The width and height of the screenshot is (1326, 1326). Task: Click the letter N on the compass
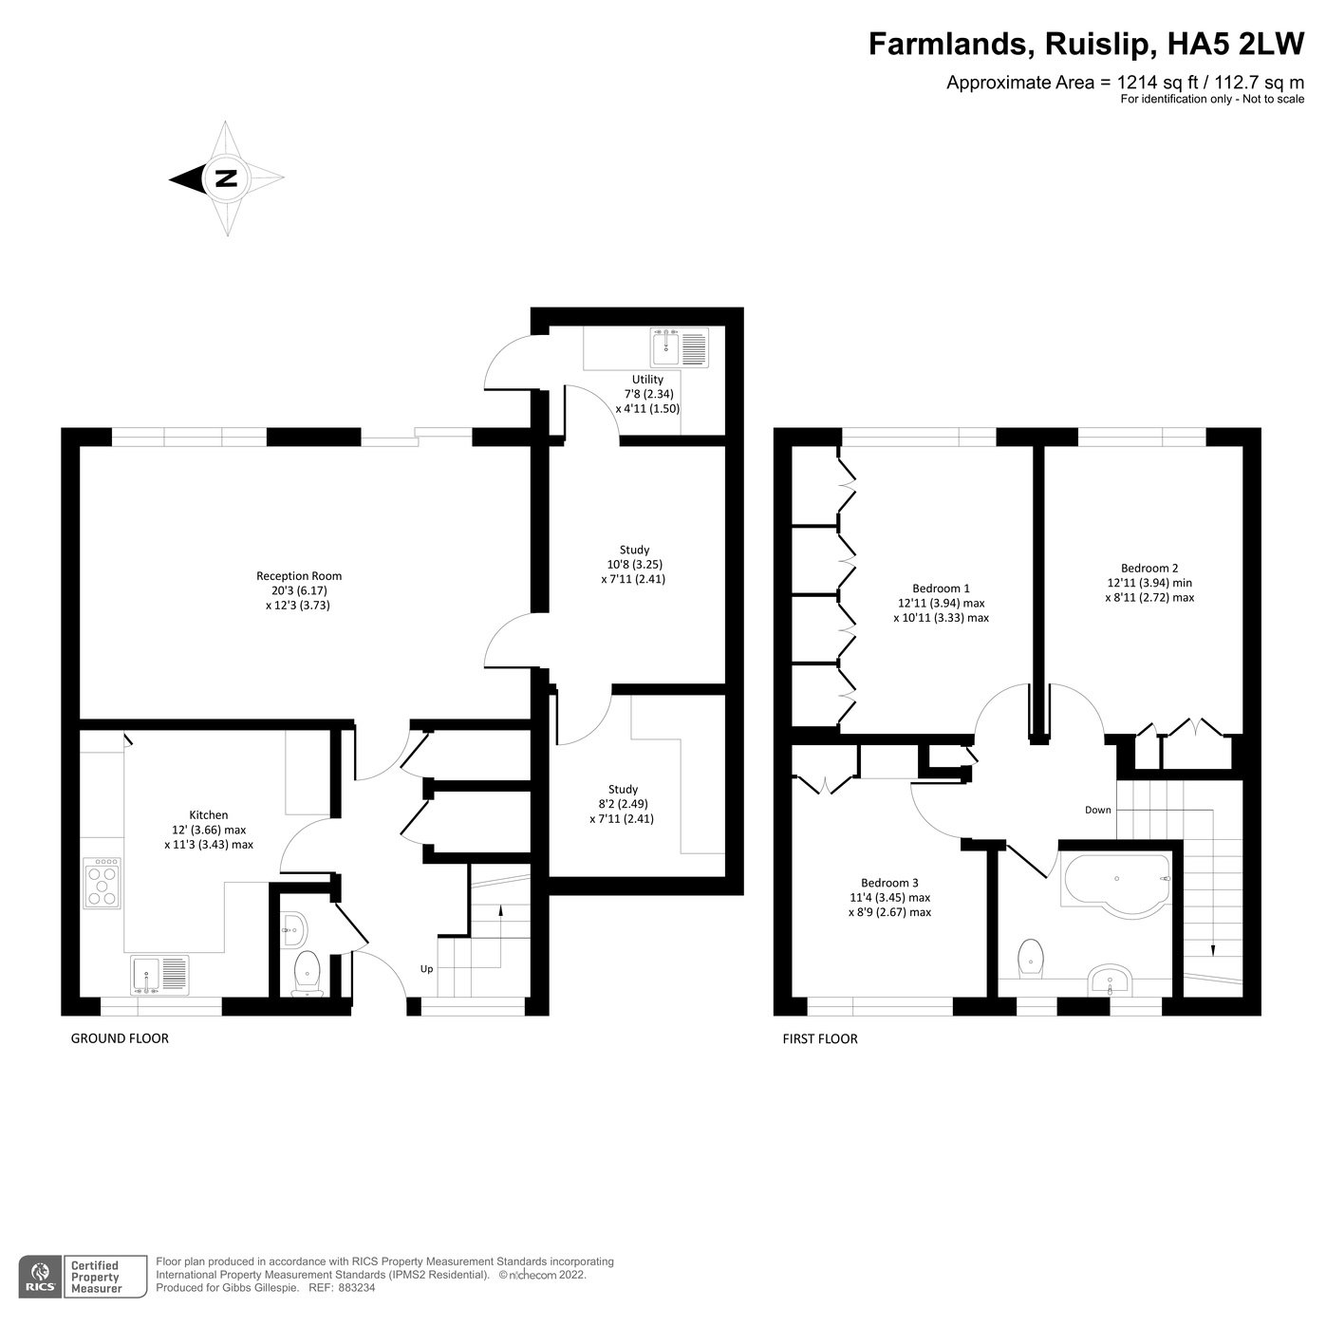pos(226,178)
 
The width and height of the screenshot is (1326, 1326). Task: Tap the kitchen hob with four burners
pos(102,884)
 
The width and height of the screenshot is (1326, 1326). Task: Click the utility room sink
pos(679,348)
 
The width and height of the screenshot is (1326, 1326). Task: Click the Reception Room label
pos(299,576)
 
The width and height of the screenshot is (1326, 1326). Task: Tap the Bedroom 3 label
pos(889,882)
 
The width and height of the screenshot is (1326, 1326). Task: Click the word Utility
pos(647,380)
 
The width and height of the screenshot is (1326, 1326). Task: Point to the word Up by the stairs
pos(427,969)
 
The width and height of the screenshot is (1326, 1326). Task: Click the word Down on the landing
pos(1098,810)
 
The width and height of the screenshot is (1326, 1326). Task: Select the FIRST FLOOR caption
pos(820,1038)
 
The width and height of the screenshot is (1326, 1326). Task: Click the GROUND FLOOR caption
pos(120,1038)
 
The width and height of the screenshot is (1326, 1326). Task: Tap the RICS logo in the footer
pos(40,1277)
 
